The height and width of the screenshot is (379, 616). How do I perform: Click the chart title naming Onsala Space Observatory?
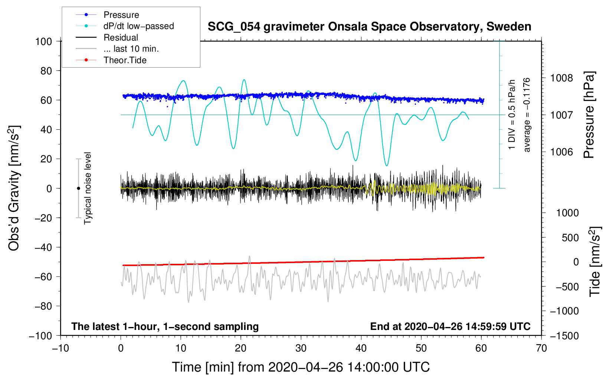(369, 26)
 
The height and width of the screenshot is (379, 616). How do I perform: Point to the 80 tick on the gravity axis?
(46, 71)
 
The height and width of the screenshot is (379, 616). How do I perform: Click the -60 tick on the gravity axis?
(43, 276)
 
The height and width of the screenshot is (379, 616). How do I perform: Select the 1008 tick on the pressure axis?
(561, 78)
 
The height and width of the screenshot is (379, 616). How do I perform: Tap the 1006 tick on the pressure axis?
(561, 152)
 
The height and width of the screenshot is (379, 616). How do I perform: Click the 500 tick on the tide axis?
(570, 237)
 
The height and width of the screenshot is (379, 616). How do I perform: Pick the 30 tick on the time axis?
(301, 348)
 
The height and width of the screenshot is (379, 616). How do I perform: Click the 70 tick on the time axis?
(541, 348)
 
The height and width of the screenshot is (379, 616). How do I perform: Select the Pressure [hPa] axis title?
(589, 115)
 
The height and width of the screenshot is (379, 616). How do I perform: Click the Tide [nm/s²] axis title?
(595, 262)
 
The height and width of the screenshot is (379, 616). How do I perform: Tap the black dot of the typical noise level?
(78, 188)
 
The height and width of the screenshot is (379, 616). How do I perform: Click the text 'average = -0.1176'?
(527, 115)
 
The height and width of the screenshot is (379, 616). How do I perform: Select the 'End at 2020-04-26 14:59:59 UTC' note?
(450, 326)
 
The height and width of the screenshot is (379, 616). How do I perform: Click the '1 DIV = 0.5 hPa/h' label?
(511, 115)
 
